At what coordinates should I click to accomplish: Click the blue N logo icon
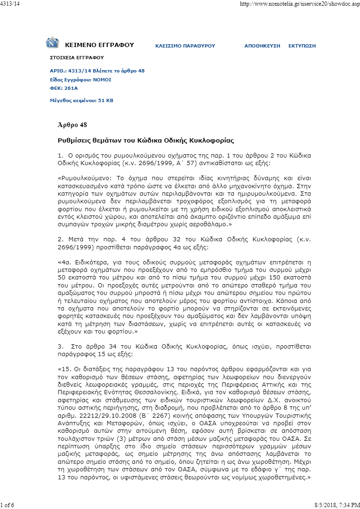point(52,43)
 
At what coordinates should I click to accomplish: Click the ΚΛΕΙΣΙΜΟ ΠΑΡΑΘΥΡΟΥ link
point(185,46)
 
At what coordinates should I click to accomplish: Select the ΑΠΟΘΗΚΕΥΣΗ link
point(262,46)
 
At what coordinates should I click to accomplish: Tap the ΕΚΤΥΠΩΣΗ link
point(302,46)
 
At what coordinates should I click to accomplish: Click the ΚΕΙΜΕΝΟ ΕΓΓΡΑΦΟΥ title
point(99,45)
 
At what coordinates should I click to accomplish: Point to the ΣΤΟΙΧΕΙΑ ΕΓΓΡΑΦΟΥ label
point(77,57)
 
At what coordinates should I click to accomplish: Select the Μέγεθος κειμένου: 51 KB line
point(81,100)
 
